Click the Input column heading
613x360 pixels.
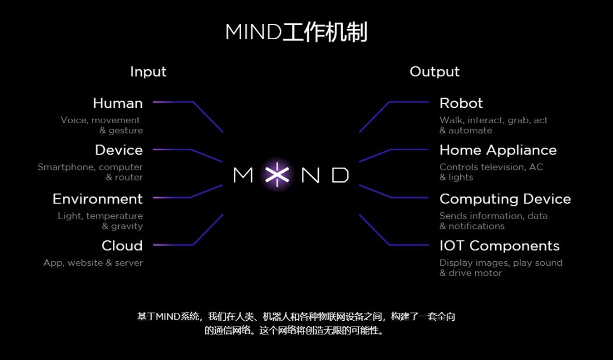click(148, 72)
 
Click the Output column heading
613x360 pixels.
click(434, 72)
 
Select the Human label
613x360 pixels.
click(117, 103)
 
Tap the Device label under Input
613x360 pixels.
click(119, 150)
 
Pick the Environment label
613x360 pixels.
click(98, 199)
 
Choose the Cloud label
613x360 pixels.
click(122, 246)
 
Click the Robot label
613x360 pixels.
click(461, 103)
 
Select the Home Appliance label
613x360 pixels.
click(498, 150)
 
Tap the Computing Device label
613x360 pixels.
click(505, 199)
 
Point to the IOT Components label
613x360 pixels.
click(499, 246)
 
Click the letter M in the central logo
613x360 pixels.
click(243, 175)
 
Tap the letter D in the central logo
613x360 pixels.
click(340, 175)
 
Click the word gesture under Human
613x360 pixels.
click(125, 131)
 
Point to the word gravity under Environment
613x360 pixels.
click(127, 227)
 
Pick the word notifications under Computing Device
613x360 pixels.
click(476, 227)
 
